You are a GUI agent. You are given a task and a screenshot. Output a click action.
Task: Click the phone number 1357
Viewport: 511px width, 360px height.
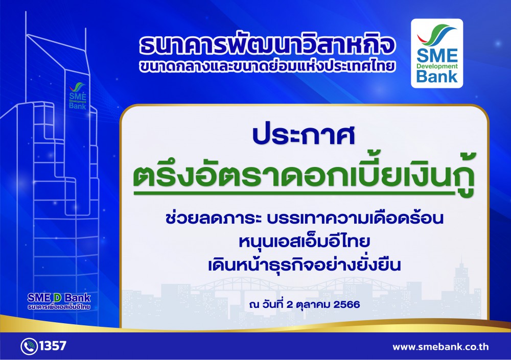pos(53,345)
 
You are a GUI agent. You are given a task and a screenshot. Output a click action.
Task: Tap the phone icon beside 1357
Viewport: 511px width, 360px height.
pos(29,346)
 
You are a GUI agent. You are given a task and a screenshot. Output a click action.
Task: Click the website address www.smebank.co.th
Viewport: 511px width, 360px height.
pos(440,347)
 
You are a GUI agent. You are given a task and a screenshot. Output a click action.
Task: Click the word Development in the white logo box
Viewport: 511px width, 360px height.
pos(437,66)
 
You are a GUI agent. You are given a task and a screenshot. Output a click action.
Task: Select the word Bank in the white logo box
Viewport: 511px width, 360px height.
pos(437,77)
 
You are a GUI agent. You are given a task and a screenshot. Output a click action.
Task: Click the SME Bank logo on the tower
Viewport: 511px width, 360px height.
pos(78,96)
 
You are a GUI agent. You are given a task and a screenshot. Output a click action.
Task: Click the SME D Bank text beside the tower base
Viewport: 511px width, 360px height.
pos(59,298)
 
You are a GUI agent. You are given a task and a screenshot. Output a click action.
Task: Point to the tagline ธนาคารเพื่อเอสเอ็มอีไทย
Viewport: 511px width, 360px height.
pos(59,307)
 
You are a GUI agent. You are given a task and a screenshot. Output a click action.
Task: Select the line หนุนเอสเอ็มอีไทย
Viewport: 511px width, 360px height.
pos(305,242)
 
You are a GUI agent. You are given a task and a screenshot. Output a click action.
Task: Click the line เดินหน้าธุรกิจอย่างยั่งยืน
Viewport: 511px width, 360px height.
pos(305,265)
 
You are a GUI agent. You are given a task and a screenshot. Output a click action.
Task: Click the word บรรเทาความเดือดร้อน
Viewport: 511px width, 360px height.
pos(355,218)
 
